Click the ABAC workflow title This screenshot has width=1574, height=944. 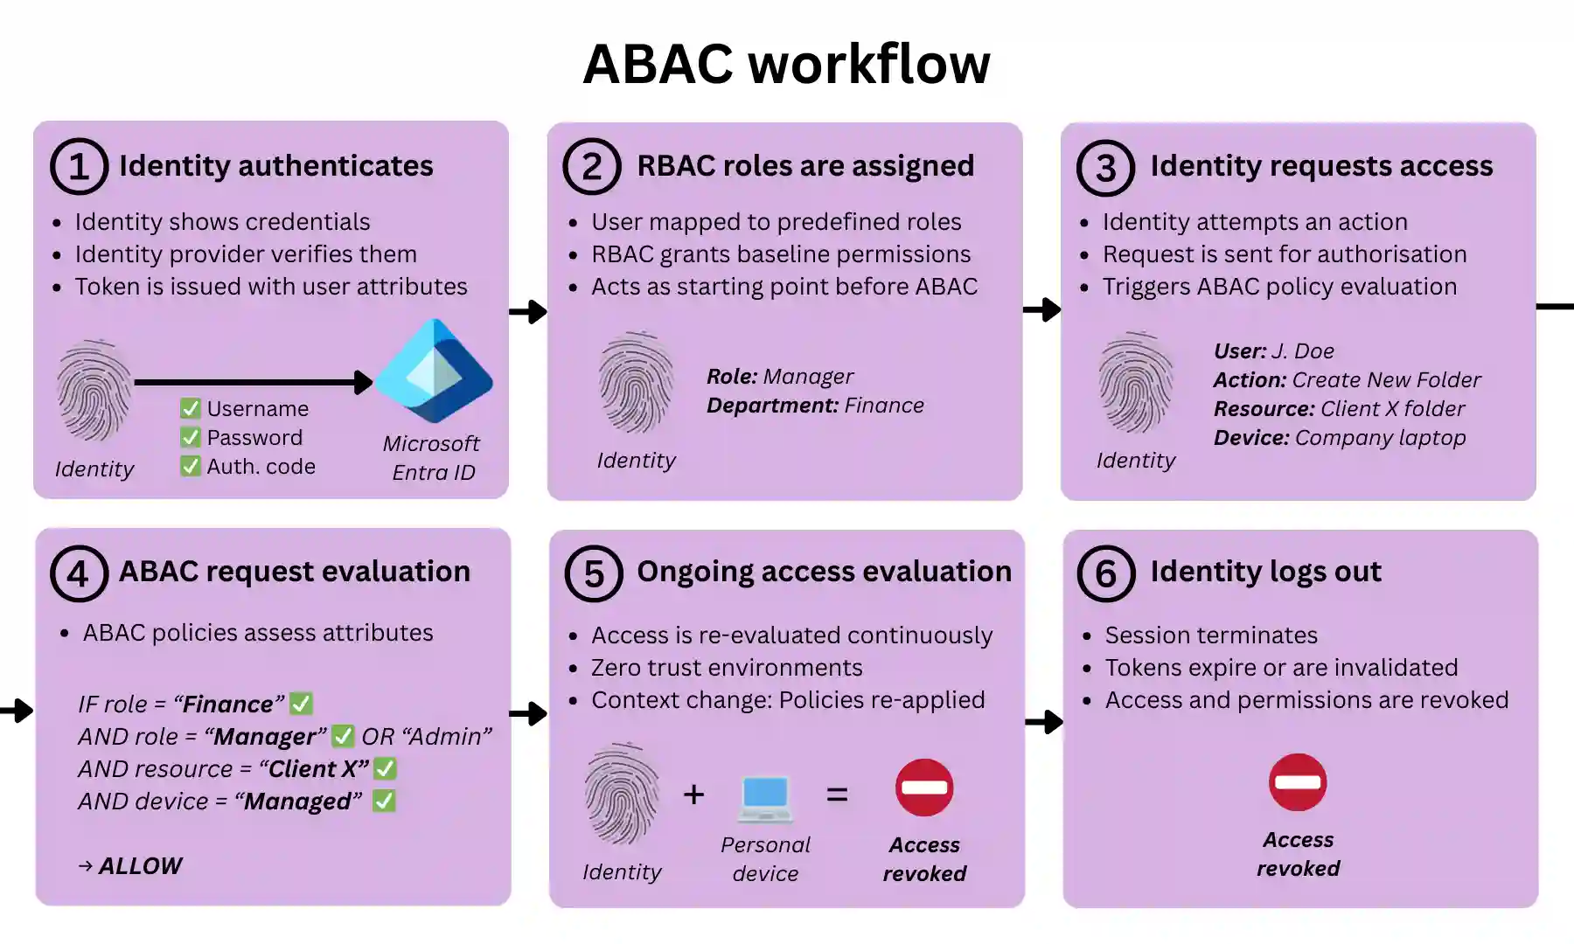coord(786,65)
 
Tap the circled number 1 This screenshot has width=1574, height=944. coord(79,167)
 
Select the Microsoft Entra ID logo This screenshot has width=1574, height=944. coord(435,371)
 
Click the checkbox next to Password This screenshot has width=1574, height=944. coord(190,437)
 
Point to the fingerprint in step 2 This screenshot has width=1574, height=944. coord(636,383)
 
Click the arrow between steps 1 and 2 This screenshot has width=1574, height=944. coord(528,311)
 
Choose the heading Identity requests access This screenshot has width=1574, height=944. coord(1320,166)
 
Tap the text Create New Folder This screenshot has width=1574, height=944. coord(1386,380)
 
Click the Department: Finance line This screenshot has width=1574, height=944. coord(815,406)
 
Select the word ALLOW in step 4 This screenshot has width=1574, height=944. coord(140,866)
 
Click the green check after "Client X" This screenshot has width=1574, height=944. coord(385,769)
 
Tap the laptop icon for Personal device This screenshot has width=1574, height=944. coord(765,798)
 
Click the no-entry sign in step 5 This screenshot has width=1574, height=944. coord(924,788)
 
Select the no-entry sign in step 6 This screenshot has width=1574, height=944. coord(1298,782)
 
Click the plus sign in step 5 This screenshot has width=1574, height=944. coord(693,795)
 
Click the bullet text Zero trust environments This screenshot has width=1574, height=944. coord(726,668)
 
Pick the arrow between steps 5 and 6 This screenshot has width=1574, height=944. coord(1044,722)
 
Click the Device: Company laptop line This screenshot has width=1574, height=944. coord(1339,438)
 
